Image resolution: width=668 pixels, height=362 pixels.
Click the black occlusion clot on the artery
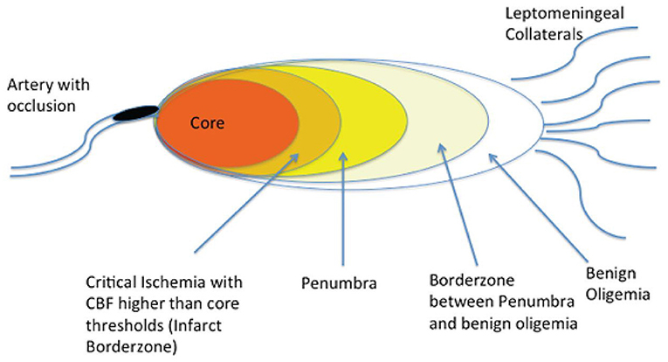tap(137, 112)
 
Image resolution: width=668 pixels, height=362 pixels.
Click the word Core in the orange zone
tap(208, 124)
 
